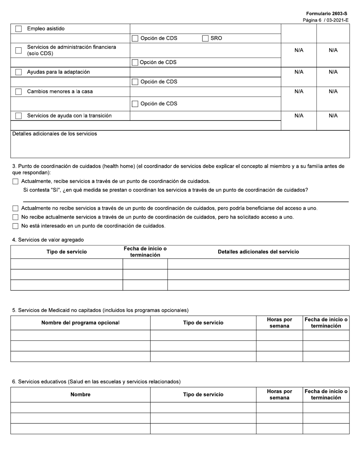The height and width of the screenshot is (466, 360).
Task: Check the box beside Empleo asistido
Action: point(18,29)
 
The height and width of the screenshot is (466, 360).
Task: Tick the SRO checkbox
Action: point(205,38)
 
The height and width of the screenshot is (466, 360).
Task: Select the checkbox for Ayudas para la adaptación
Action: point(18,72)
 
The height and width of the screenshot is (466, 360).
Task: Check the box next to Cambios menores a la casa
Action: point(18,92)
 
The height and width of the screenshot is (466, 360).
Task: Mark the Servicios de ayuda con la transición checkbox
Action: point(18,116)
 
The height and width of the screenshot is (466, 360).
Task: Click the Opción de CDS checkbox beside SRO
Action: point(135,38)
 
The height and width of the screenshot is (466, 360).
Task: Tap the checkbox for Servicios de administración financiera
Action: point(18,50)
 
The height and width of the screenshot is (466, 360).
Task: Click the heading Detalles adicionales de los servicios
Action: point(55,134)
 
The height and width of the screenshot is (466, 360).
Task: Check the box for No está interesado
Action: point(15,226)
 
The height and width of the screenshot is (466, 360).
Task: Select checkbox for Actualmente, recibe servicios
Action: point(15,181)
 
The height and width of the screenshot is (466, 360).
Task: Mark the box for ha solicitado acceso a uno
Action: point(15,217)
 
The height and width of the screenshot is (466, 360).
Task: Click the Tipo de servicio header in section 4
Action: point(67,252)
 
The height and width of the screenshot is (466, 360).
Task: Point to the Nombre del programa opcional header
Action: point(80,323)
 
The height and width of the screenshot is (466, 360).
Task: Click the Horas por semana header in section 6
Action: point(279,394)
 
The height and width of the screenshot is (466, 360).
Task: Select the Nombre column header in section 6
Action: point(80,394)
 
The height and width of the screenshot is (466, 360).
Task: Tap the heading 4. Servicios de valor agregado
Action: point(48,240)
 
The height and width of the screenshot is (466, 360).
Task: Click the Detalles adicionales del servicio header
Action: point(258,252)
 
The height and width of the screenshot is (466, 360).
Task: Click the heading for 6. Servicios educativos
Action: point(96,382)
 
